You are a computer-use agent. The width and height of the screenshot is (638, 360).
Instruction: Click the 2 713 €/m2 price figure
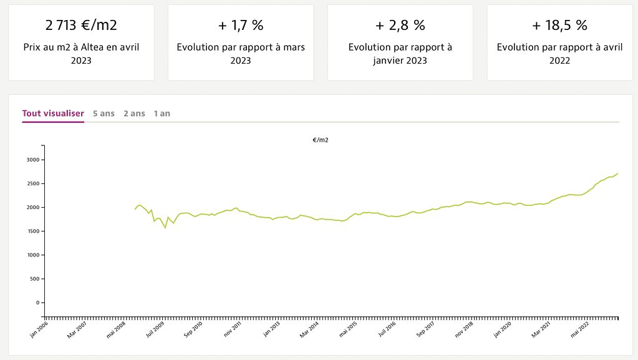(81, 26)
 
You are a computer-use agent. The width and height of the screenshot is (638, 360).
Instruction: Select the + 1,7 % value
(241, 26)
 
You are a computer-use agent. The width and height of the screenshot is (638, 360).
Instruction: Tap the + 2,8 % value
(400, 26)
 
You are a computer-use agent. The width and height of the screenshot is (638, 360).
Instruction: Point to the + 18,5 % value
(559, 26)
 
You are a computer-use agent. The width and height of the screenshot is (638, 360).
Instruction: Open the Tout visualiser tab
(53, 114)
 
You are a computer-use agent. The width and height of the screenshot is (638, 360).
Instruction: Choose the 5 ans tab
(104, 114)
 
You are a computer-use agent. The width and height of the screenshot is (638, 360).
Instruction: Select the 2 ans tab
(134, 114)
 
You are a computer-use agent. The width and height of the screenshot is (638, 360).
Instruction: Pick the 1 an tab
(162, 114)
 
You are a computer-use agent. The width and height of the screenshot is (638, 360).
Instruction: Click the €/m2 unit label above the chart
(321, 140)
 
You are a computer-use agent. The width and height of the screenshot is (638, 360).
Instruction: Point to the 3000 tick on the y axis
(32, 160)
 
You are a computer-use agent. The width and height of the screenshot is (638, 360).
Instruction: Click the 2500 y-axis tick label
(32, 183)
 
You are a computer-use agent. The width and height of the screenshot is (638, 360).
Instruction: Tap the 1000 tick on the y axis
(32, 255)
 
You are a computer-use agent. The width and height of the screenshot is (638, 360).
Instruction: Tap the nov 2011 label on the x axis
(232, 330)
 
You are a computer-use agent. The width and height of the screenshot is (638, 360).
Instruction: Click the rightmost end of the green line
(617, 173)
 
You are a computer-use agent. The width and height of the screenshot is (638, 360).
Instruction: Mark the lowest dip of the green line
(165, 228)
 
